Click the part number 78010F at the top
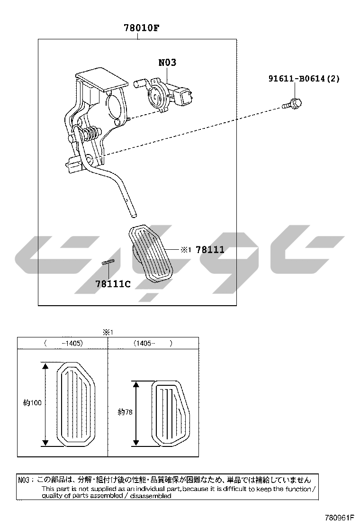(x=141, y=27)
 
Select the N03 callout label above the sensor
(x=167, y=63)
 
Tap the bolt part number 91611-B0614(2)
(x=304, y=79)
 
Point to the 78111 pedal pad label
(x=210, y=250)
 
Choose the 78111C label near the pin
(x=113, y=284)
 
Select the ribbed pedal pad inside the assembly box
(x=151, y=254)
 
